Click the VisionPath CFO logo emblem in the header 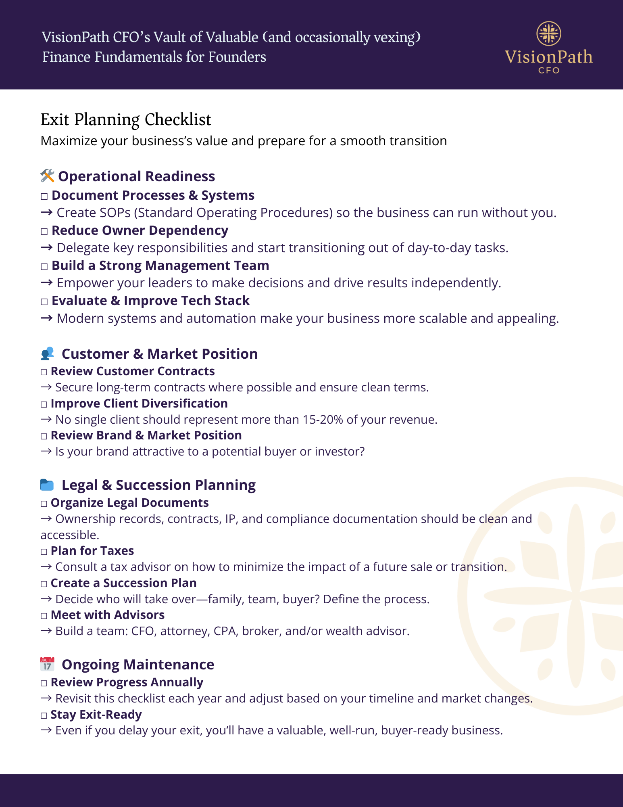pos(549,33)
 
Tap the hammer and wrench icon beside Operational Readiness pos(47,176)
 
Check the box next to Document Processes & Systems pos(44,197)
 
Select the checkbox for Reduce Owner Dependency pos(44,232)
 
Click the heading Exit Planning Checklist pos(126,120)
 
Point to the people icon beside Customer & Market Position pos(47,353)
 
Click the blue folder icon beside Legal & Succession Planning pos(47,485)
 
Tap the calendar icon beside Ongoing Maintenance pos(47,664)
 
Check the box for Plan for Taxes pos(44,552)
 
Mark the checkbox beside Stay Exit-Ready pos(44,715)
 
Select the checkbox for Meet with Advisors pos(44,616)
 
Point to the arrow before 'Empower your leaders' pos(47,283)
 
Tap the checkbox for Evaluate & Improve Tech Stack pos(44,302)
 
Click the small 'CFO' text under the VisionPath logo pos(549,70)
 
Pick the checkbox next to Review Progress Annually pos(44,683)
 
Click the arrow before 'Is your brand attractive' pos(46,452)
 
